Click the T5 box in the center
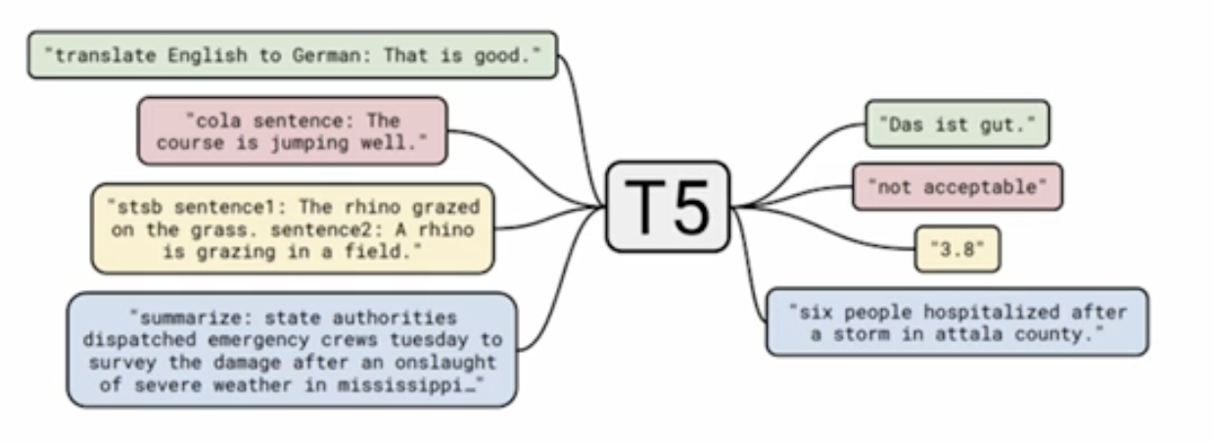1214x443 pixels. pos(668,207)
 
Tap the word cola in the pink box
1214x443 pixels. pos(207,121)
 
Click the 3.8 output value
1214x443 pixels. pos(957,249)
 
